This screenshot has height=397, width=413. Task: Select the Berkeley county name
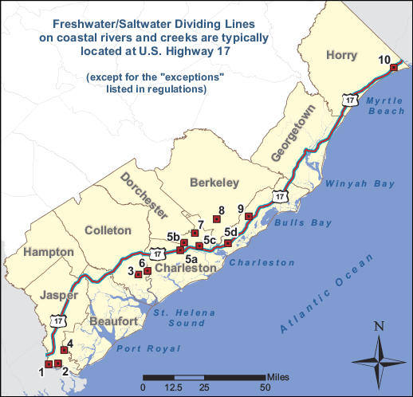[214, 183]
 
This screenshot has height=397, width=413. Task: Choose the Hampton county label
[49, 252]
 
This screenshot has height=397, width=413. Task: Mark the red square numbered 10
[393, 68]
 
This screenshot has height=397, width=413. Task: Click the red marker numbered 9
[248, 216]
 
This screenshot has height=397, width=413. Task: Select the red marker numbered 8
[216, 219]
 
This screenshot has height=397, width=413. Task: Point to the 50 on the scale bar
[264, 387]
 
